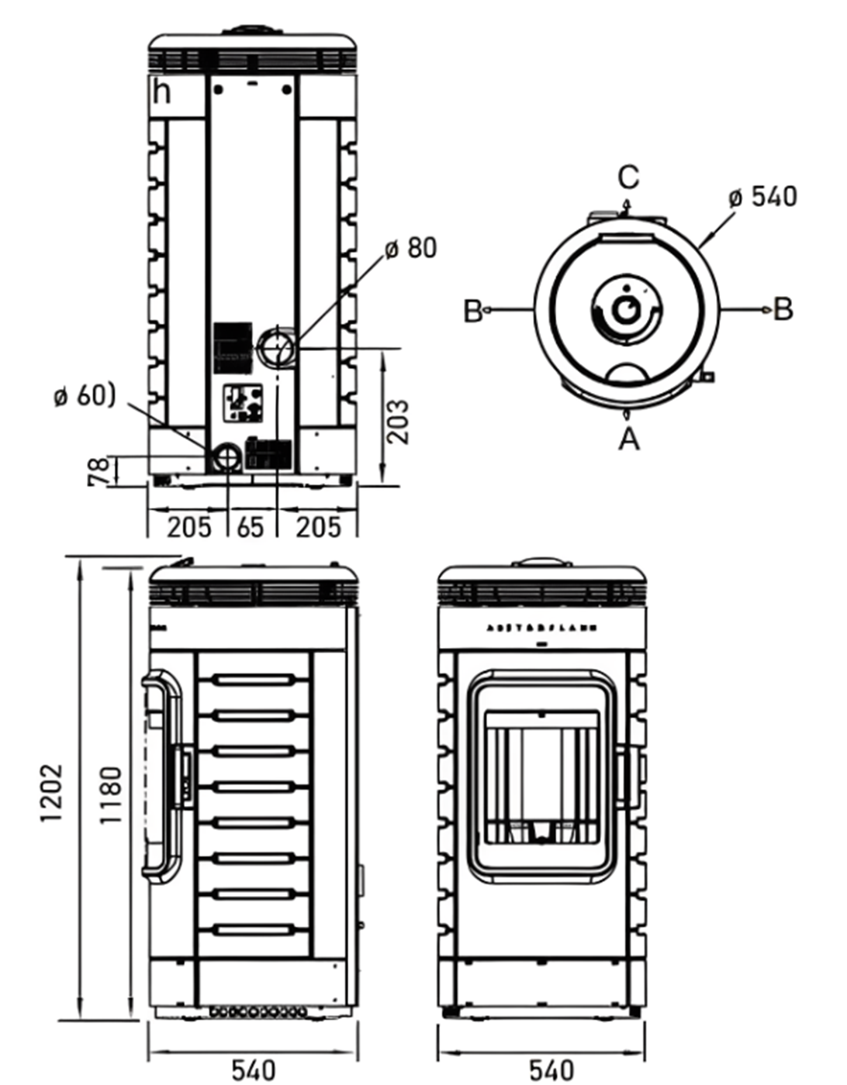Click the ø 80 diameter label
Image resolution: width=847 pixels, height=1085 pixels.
(411, 248)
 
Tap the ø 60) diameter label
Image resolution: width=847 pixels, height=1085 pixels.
(85, 396)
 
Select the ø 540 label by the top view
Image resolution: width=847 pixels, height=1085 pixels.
(762, 196)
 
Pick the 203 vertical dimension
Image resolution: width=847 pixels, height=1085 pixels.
(398, 422)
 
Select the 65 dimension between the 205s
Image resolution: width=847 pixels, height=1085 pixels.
(250, 528)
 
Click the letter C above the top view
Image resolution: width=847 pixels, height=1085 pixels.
(628, 177)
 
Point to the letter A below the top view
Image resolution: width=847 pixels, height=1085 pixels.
(628, 439)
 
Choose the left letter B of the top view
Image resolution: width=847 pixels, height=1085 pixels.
(473, 311)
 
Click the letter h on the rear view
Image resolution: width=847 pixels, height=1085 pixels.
(162, 92)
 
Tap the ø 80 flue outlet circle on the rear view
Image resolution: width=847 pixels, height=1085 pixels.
(275, 347)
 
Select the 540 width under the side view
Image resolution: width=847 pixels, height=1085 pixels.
(253, 1070)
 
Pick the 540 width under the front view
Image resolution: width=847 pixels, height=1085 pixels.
(551, 1070)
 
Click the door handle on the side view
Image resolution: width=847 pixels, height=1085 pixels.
(161, 775)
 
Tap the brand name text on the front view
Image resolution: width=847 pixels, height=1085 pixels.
(541, 629)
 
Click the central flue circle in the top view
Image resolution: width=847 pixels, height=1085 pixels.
(625, 310)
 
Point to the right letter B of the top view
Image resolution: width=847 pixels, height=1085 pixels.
(783, 309)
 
